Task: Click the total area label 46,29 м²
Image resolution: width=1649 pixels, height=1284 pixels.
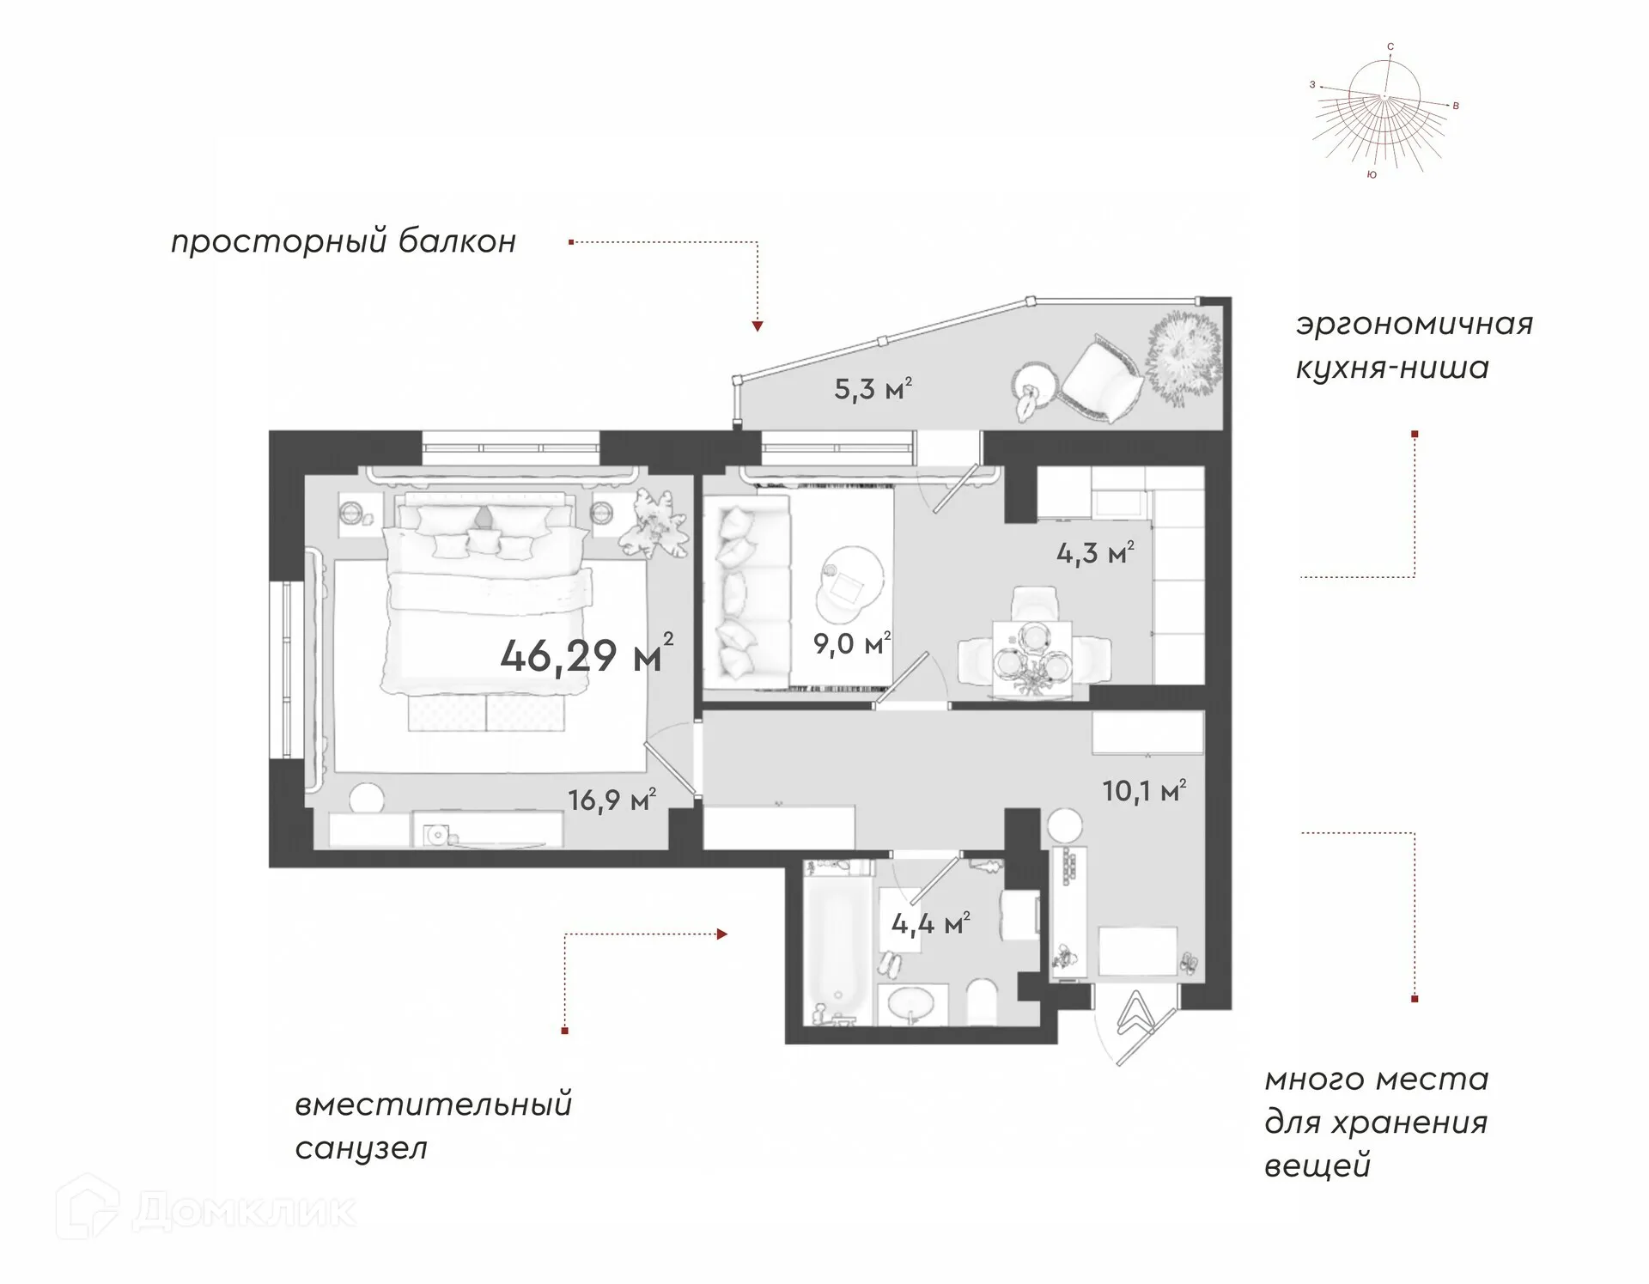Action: pos(587,655)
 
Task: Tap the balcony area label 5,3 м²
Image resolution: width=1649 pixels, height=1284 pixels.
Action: pos(873,389)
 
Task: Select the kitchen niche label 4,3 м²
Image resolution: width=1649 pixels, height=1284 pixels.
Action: pos(1095,552)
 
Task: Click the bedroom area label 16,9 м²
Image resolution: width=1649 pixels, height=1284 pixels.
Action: pos(612,800)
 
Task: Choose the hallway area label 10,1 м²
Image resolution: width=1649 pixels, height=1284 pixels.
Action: pos(1144,790)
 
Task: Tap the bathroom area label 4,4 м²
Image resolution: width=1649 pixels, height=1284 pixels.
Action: pos(931,923)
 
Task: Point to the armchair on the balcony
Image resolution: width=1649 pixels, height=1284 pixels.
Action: pos(1102,379)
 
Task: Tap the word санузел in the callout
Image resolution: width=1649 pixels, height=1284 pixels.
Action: pos(361,1148)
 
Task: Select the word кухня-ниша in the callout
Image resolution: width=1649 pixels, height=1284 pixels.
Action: pos(1392,368)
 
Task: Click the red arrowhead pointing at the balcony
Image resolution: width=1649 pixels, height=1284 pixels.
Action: pos(758,326)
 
